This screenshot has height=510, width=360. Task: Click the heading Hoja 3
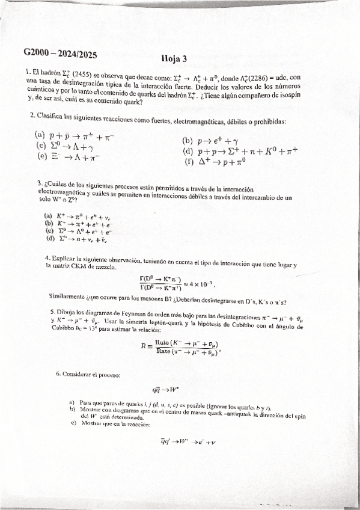click(x=174, y=58)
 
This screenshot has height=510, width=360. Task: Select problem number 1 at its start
click(x=28, y=72)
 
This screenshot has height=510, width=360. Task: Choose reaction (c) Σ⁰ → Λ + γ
click(x=71, y=146)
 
